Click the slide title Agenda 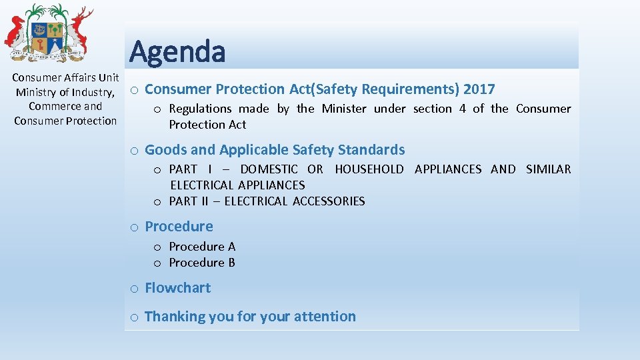coord(177,51)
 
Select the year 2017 coord(479,89)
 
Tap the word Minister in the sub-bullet coord(343,109)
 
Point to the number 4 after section coord(462,109)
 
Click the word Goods coord(165,150)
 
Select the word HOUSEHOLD coord(369,169)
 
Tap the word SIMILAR coord(548,169)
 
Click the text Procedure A coord(202,247)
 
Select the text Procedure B coord(202,263)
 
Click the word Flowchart coord(177,288)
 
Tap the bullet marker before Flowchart coord(134,289)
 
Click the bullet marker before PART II coord(158,202)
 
